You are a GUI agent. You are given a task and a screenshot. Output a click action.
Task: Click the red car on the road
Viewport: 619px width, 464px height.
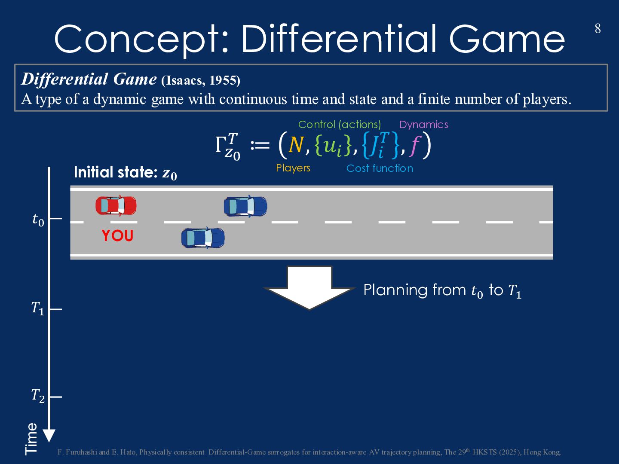tap(116, 206)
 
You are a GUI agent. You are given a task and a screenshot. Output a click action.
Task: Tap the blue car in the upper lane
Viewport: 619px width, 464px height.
tap(245, 206)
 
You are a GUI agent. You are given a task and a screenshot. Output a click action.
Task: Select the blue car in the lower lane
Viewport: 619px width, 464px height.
tap(203, 238)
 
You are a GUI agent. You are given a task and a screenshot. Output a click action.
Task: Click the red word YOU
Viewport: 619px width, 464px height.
tap(117, 236)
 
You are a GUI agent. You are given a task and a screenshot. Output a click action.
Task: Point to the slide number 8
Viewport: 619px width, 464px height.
tap(598, 29)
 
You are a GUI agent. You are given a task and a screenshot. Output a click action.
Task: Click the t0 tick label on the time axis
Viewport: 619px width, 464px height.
tap(38, 220)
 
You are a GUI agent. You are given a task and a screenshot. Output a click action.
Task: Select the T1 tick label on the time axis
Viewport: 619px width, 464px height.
tap(38, 308)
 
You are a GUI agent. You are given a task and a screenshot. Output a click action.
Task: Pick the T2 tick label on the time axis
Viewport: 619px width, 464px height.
tap(38, 395)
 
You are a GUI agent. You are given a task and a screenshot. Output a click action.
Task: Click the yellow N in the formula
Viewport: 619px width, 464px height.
tap(296, 145)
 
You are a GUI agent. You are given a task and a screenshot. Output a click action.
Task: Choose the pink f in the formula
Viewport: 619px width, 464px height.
tap(414, 145)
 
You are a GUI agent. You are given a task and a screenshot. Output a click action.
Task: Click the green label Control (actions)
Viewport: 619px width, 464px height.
tap(340, 125)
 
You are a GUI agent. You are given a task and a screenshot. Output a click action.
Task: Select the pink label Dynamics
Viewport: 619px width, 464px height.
tap(424, 125)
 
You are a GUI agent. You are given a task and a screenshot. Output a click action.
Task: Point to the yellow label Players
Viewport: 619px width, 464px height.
tap(293, 168)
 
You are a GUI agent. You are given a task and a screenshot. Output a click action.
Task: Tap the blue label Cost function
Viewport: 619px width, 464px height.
tap(380, 168)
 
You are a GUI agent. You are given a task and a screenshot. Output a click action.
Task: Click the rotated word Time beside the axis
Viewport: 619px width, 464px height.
tap(31, 438)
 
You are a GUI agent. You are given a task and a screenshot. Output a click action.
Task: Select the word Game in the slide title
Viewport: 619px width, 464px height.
tap(507, 39)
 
